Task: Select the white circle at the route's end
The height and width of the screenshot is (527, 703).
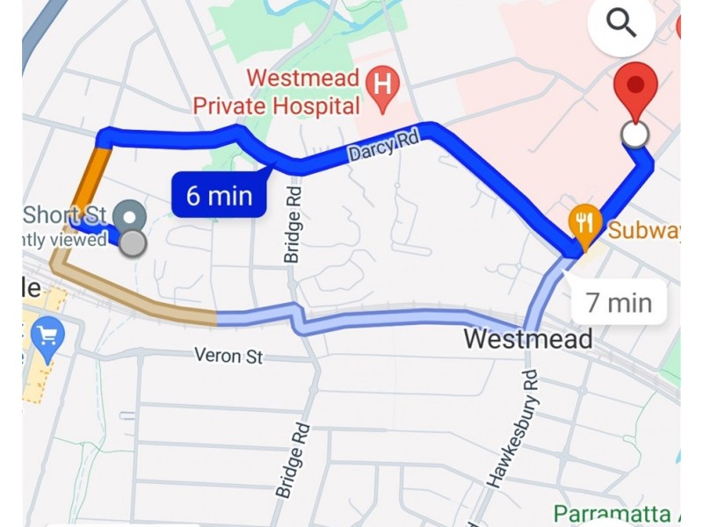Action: tap(634, 134)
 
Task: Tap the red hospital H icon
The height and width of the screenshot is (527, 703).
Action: tap(381, 85)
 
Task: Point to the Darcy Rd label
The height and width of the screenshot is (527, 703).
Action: tap(385, 146)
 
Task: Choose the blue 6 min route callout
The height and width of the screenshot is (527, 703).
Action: tap(218, 195)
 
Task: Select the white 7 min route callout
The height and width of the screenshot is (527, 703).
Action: tap(619, 303)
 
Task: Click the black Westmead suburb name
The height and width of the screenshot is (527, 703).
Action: tap(528, 338)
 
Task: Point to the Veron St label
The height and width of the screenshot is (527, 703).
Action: tap(229, 357)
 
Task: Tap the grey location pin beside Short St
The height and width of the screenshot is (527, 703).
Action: tap(132, 214)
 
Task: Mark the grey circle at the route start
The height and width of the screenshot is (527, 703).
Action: tap(133, 242)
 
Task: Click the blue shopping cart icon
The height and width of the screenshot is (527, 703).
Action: tap(44, 336)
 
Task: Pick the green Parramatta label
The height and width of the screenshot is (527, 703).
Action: tap(615, 514)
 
